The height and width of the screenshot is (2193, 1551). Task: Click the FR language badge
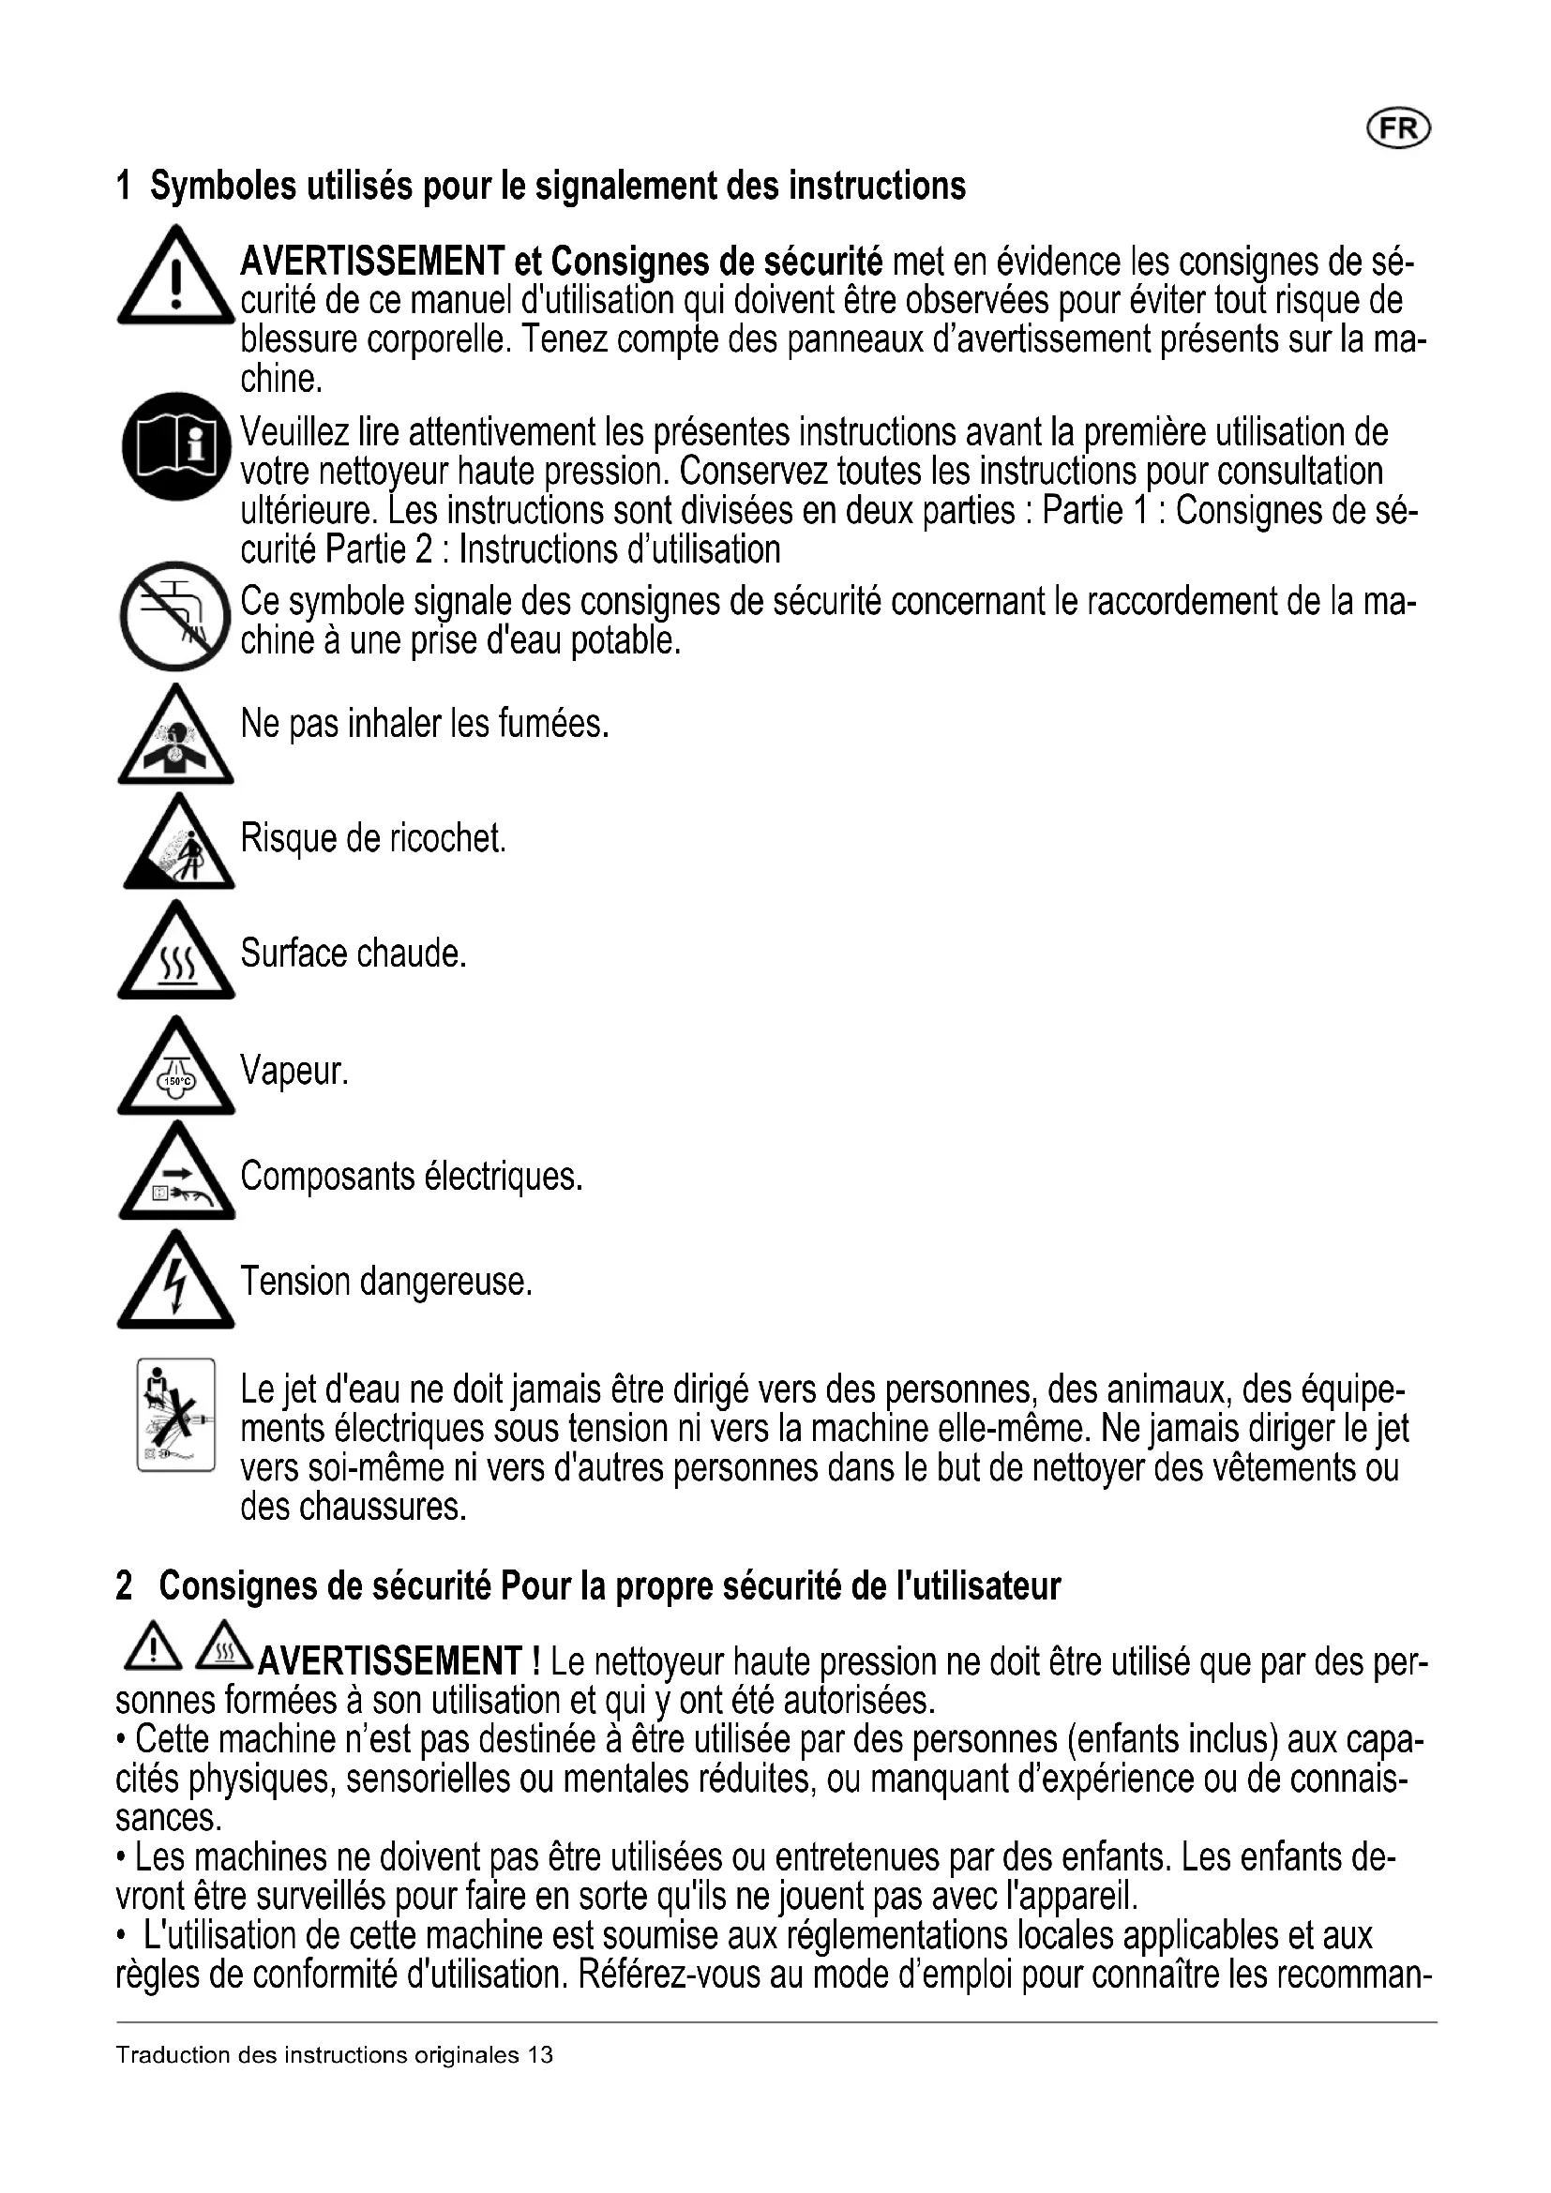pos(1399,129)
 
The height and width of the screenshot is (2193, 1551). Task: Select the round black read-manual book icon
pos(176,446)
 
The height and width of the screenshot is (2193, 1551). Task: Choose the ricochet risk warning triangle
pos(178,846)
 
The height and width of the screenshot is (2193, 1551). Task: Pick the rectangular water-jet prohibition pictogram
pos(175,1415)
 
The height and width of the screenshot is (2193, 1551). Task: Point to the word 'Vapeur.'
pos(294,1071)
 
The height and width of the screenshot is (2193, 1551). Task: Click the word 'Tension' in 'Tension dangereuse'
pos(295,1282)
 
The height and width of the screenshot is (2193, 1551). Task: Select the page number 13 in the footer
pos(540,2055)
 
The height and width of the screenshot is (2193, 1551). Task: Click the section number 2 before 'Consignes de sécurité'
pos(124,1586)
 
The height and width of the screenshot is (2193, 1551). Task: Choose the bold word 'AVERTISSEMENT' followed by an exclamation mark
pos(391,1662)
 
